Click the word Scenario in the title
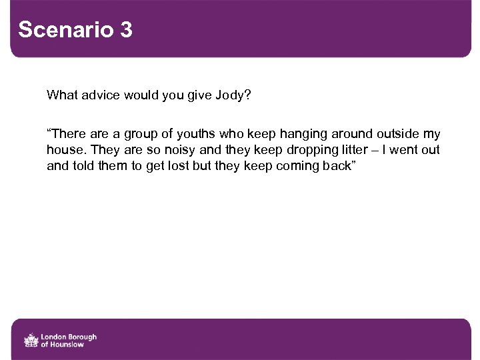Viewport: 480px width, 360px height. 65,30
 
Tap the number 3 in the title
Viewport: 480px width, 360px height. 127,30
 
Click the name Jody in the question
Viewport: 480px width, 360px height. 230,95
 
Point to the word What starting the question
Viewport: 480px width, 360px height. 61,95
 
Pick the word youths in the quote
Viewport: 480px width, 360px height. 195,134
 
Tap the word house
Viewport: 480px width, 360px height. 66,150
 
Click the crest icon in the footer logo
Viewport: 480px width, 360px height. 31,341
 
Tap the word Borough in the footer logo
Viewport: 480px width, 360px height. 81,337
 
